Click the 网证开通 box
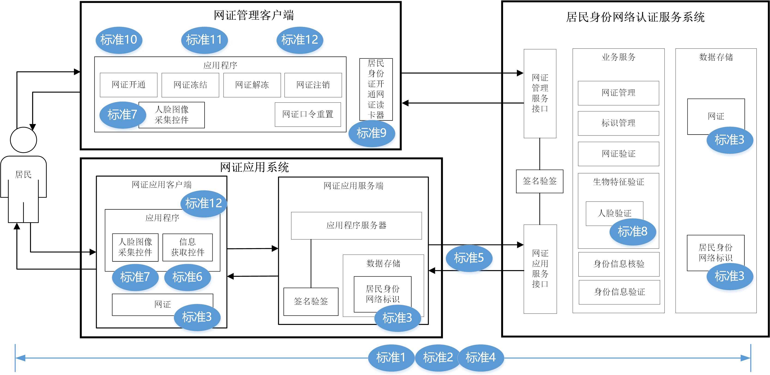point(129,85)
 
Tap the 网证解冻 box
point(252,85)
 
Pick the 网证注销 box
point(313,85)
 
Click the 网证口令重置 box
point(308,114)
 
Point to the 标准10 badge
point(119,40)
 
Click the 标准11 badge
point(204,40)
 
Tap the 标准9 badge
point(371,133)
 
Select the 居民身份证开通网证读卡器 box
point(376,89)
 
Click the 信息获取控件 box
point(187,247)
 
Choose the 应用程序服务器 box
point(356,226)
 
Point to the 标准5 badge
point(469,258)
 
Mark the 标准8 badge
point(632,232)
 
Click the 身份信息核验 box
point(619,264)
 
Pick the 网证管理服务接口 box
point(540,93)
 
